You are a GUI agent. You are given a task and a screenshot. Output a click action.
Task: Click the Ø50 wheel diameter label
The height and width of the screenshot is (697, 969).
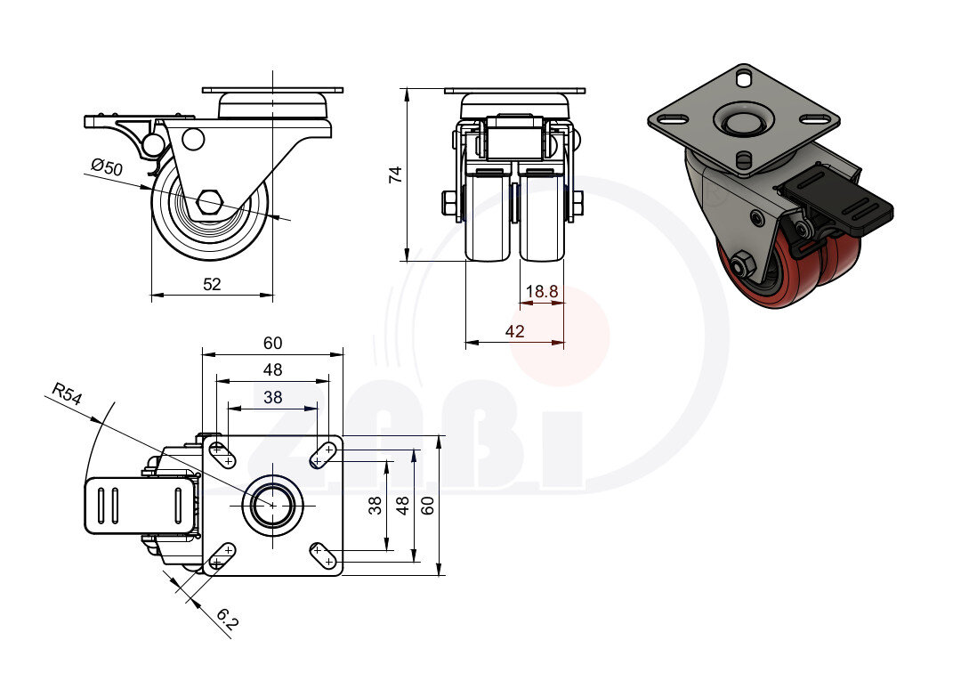click(106, 167)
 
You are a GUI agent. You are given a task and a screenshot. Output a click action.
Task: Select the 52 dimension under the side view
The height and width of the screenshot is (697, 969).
click(212, 284)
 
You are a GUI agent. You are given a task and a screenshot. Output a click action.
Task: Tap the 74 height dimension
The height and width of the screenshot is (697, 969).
click(397, 174)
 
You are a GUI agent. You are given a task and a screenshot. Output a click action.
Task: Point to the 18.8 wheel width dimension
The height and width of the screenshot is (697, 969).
click(541, 291)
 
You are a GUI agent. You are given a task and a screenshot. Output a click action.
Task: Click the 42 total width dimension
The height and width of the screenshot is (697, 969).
click(514, 331)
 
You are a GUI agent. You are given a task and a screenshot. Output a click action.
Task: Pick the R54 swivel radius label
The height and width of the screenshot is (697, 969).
click(67, 394)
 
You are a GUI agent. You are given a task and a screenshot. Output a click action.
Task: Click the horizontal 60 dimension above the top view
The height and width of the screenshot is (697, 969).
click(272, 343)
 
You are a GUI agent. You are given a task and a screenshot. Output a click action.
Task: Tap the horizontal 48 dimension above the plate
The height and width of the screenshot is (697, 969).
click(272, 369)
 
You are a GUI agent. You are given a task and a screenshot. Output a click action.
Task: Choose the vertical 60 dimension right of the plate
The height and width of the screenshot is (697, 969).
click(428, 506)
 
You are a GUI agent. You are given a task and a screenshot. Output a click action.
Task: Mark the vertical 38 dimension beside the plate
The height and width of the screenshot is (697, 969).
click(375, 506)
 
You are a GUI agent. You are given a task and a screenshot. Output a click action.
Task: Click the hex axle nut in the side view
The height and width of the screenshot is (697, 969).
click(210, 202)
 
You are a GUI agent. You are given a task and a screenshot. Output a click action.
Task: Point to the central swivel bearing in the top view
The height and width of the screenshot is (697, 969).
click(271, 506)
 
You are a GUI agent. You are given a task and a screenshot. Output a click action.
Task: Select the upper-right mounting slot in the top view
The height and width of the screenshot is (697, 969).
click(322, 456)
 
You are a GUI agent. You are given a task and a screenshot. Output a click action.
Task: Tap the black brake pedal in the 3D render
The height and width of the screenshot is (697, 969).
click(836, 206)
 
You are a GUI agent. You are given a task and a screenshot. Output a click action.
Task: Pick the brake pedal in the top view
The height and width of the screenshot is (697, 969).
click(138, 506)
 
